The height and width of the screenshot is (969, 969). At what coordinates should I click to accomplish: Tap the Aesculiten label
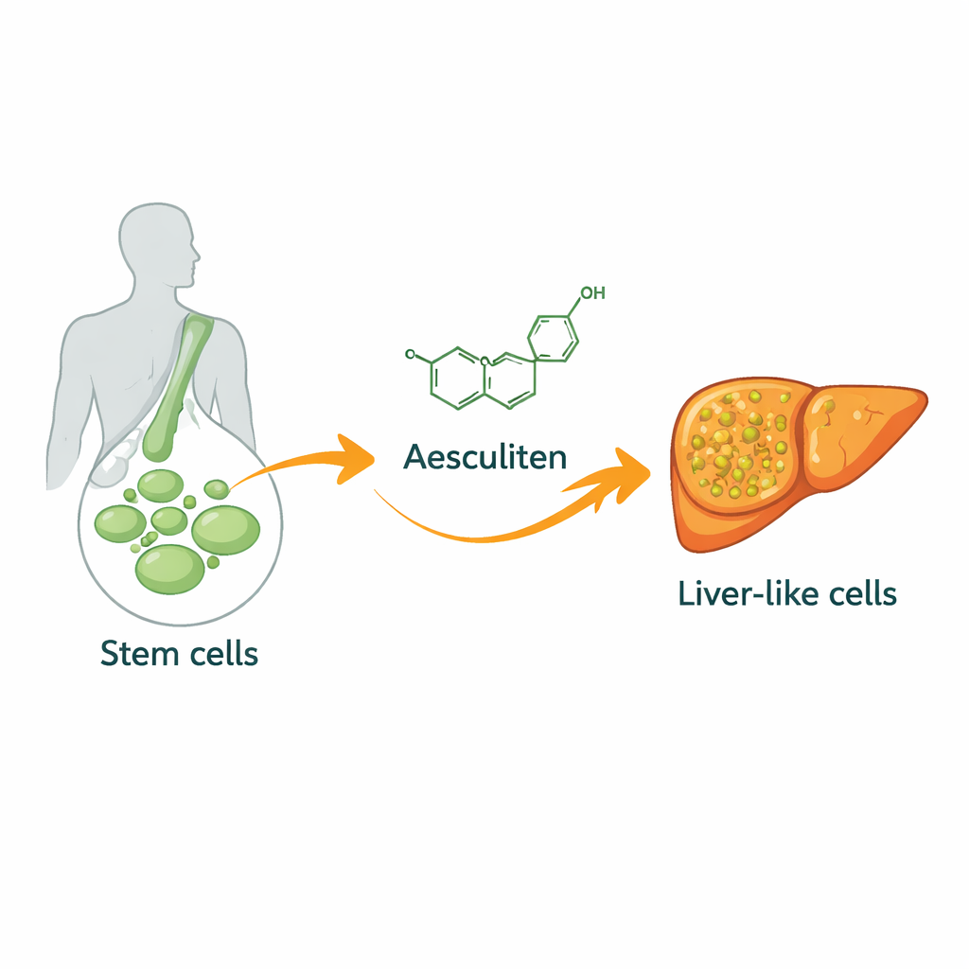coord(484,457)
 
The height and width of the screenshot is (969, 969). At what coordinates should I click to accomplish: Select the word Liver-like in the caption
coord(740,593)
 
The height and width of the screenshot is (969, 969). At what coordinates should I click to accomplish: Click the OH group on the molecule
coord(591,293)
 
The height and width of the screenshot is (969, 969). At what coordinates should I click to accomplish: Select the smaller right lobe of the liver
coord(856,431)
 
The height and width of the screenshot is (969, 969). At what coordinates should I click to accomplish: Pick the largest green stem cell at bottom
coord(169,568)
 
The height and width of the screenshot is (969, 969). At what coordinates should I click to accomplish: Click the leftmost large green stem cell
coord(120,523)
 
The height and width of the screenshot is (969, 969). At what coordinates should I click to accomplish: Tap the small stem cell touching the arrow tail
coord(217,488)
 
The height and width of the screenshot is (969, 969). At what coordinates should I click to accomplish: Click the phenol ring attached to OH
coord(552,337)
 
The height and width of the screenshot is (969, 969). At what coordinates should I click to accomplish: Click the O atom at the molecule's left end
coord(410,355)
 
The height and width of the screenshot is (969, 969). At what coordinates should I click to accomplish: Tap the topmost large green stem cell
coord(161,485)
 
